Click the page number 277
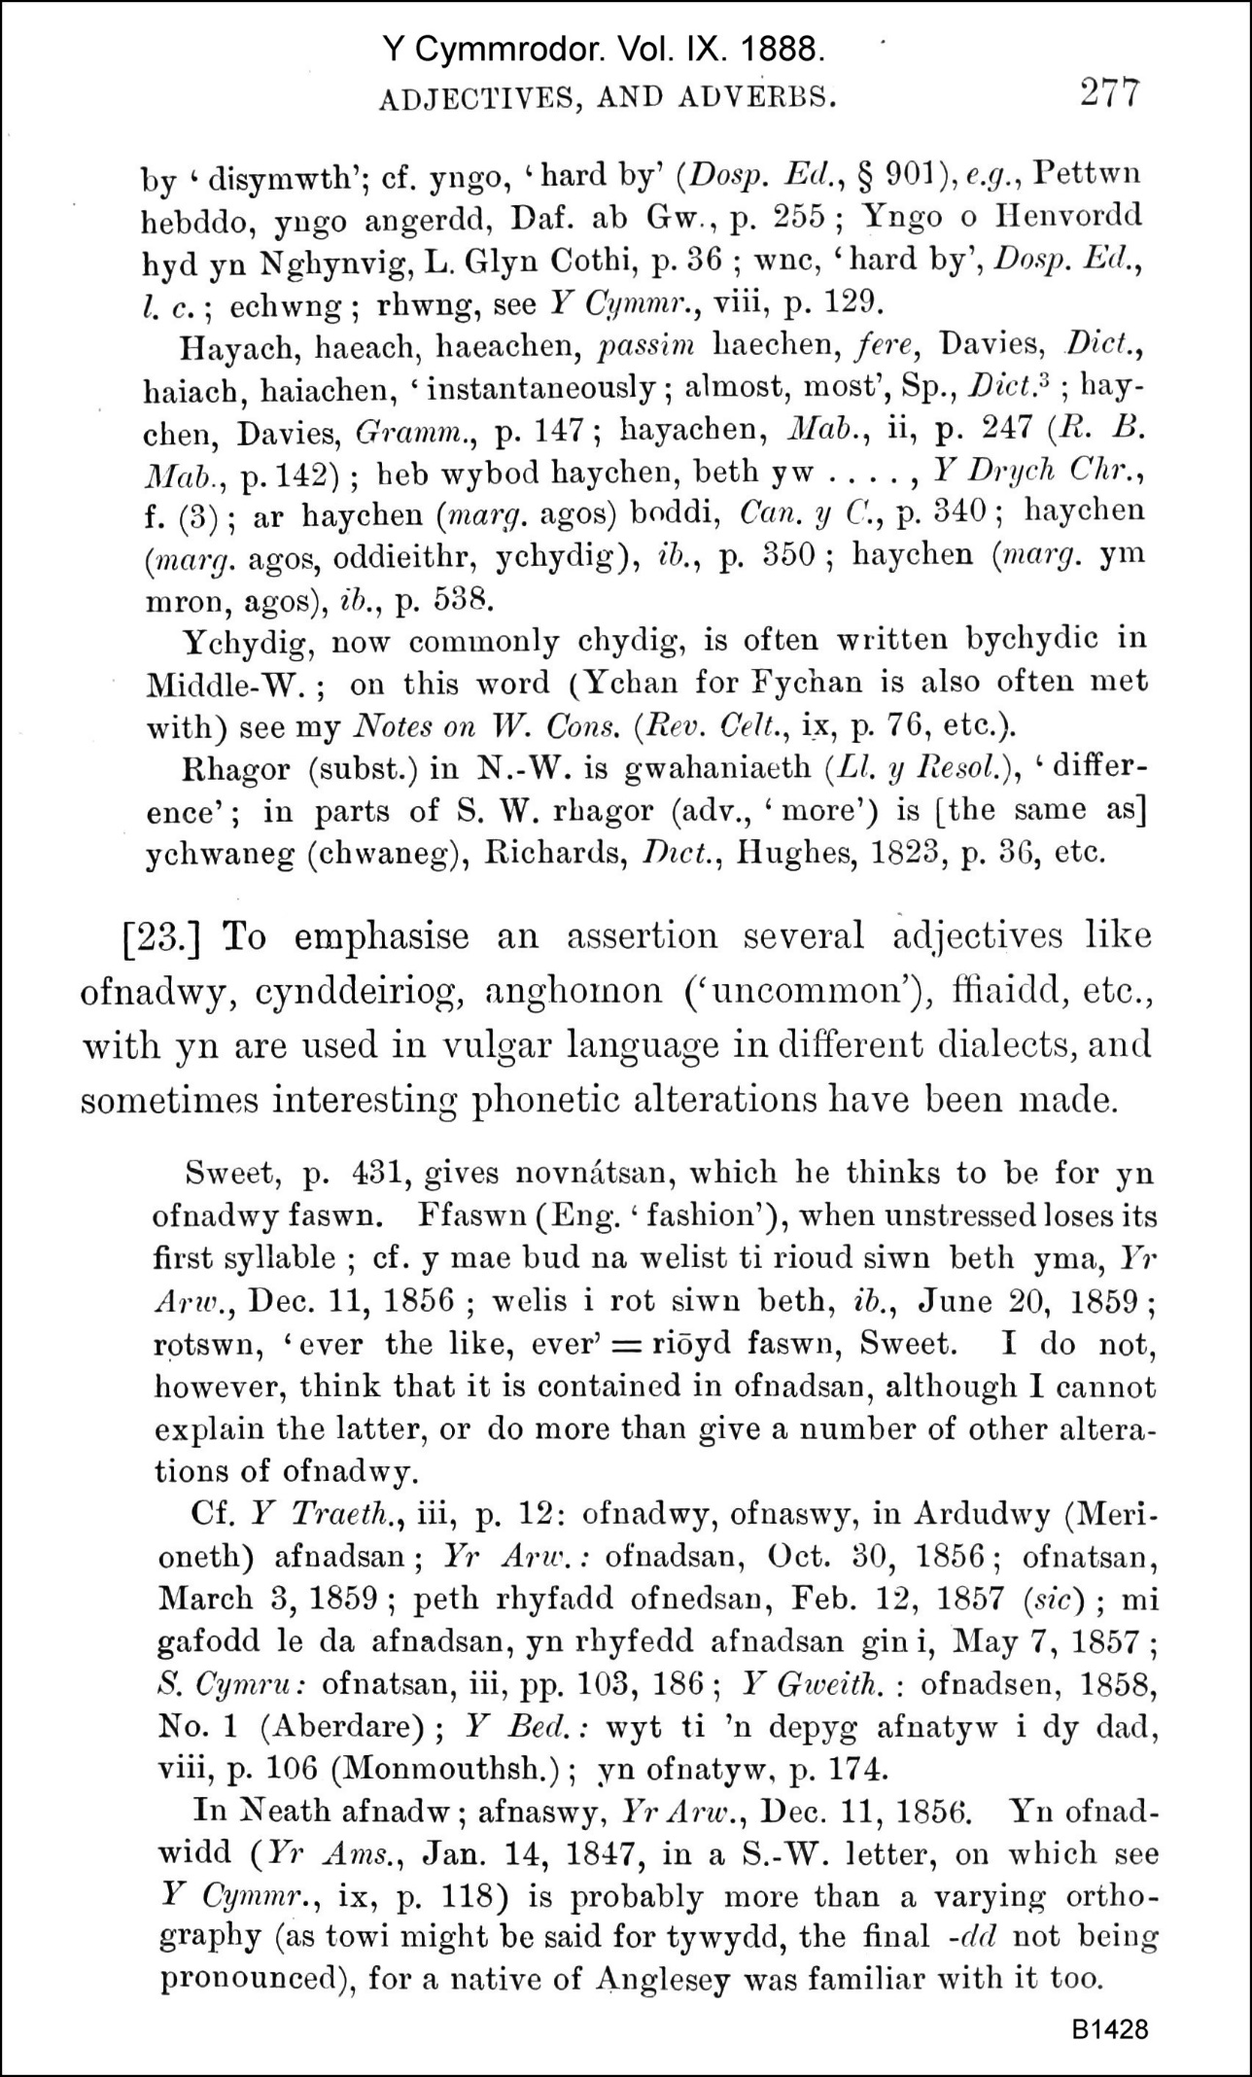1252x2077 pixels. (x=1107, y=94)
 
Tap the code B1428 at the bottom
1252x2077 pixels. (x=1111, y=2029)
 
